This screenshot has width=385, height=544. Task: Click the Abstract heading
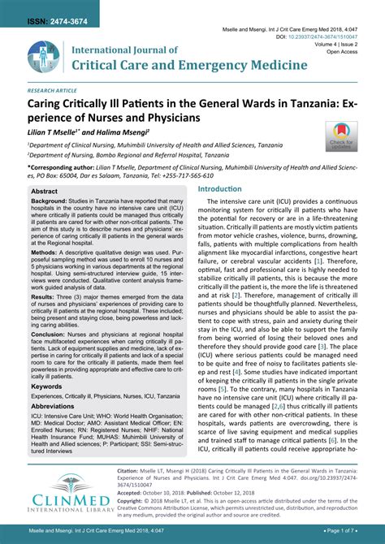point(45,192)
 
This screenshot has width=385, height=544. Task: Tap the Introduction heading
point(220,188)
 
